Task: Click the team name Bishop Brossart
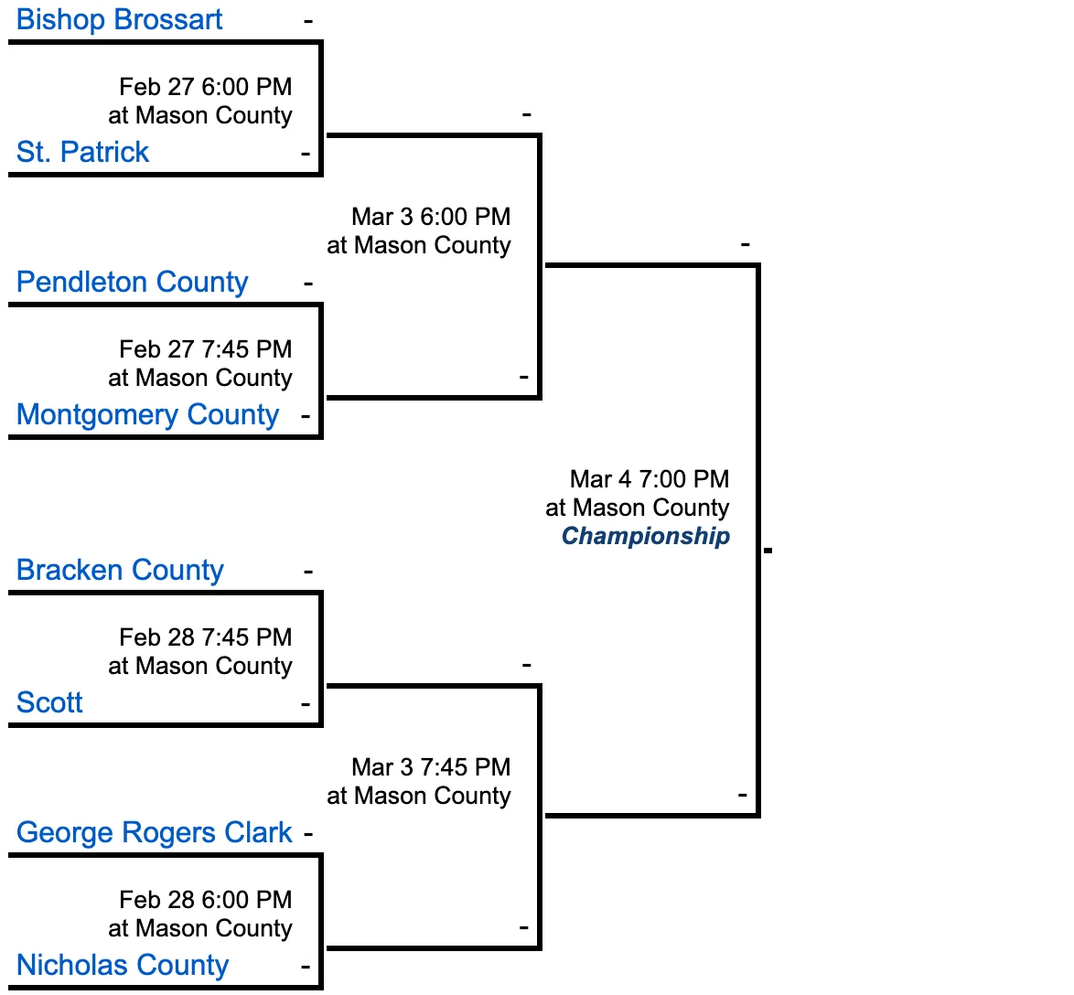pyautogui.click(x=119, y=19)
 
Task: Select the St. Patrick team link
pyautogui.click(x=82, y=151)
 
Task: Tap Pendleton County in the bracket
pyautogui.click(x=133, y=282)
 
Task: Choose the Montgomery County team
pyautogui.click(x=148, y=414)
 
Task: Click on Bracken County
pyautogui.click(x=120, y=570)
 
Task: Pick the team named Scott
pyautogui.click(x=49, y=702)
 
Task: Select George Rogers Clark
pyautogui.click(x=154, y=833)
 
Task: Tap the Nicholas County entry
pyautogui.click(x=123, y=965)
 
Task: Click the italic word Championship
pyautogui.click(x=646, y=536)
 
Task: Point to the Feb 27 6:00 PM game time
pyautogui.click(x=206, y=87)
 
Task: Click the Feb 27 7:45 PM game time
pyautogui.click(x=206, y=349)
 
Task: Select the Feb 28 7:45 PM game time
pyautogui.click(x=206, y=637)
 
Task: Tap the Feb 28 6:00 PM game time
pyautogui.click(x=206, y=900)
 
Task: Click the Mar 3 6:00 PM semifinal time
pyautogui.click(x=432, y=217)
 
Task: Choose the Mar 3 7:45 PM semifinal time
pyautogui.click(x=432, y=767)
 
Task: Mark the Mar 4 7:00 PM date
pyautogui.click(x=650, y=479)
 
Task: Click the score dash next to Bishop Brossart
pyautogui.click(x=308, y=21)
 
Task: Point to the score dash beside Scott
pyautogui.click(x=306, y=704)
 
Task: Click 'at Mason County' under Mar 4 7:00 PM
pyautogui.click(x=638, y=508)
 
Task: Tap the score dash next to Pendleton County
pyautogui.click(x=308, y=284)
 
